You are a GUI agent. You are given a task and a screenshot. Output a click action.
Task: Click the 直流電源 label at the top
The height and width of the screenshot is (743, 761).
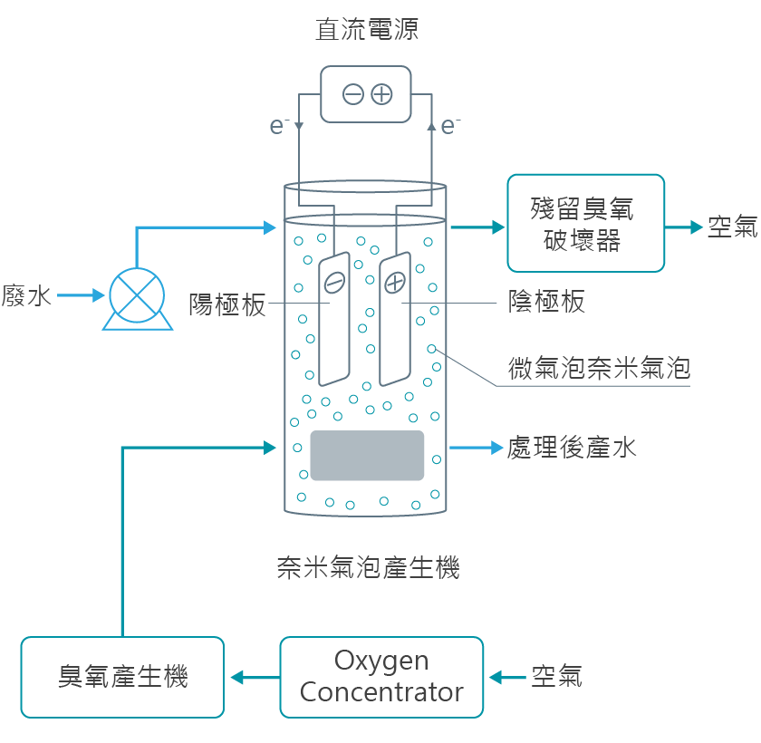[x=367, y=30]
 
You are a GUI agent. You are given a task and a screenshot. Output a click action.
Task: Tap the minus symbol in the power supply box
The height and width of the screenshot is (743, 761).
[x=353, y=93]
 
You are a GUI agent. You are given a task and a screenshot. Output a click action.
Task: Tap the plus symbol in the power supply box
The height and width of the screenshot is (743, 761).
[x=381, y=93]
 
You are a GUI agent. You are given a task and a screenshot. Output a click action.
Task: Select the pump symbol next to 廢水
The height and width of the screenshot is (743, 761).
[x=138, y=295]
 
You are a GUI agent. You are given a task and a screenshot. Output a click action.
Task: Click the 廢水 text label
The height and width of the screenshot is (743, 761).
[x=27, y=295]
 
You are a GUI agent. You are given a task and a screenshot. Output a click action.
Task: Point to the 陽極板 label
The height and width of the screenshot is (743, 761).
[x=227, y=304]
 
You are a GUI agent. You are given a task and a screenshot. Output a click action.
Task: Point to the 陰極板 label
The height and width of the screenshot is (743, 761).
[x=546, y=302]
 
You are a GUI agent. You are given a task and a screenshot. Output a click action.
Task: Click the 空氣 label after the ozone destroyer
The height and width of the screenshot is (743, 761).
[x=732, y=227]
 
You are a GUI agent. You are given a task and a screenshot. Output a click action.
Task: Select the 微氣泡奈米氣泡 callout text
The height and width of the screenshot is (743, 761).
[x=599, y=368]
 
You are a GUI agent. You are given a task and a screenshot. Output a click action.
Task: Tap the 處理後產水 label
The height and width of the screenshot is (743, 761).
[x=572, y=448]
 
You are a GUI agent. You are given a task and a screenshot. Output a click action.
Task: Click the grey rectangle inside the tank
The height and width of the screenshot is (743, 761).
[x=367, y=455]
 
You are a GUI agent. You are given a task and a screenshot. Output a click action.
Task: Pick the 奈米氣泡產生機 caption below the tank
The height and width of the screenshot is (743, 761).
[x=368, y=568]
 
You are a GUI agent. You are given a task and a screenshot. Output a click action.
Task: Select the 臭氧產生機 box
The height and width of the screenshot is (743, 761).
[x=122, y=677]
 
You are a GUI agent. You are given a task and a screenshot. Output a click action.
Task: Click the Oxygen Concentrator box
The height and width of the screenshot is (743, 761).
[x=381, y=677]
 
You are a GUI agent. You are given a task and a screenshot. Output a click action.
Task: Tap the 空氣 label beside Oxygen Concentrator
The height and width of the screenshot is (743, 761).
[x=556, y=676]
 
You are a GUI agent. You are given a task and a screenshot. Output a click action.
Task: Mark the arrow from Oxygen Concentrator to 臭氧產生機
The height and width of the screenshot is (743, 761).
[x=255, y=677]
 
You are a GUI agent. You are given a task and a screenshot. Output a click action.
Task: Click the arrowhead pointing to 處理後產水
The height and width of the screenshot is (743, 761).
[x=496, y=447]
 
